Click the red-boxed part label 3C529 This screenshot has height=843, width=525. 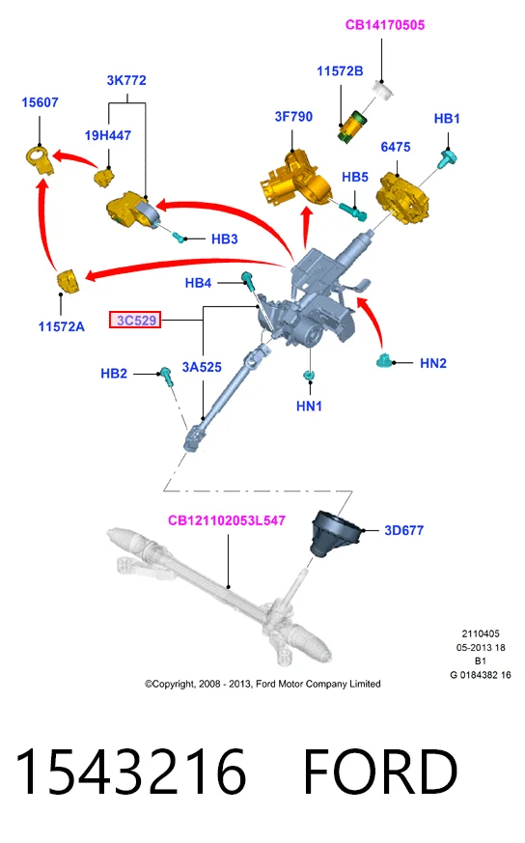click(135, 321)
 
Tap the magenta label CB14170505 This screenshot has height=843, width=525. click(385, 25)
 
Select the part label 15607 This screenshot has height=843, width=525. click(40, 102)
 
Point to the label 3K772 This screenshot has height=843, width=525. click(126, 80)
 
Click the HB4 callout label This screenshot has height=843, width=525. click(198, 283)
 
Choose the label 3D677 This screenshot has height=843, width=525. click(404, 531)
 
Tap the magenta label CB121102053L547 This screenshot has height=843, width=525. click(226, 520)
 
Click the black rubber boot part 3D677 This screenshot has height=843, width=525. click(334, 533)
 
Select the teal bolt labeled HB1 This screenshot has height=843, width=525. click(448, 158)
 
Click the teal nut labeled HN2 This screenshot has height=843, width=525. click(386, 360)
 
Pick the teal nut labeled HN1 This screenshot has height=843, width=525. click(309, 375)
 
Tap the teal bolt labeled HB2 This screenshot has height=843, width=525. click(166, 377)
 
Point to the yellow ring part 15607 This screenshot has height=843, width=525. click(40, 159)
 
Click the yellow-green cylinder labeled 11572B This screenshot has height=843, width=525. click(351, 126)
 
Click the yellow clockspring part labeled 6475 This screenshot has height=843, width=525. click(404, 197)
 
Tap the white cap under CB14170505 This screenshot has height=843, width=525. click(384, 90)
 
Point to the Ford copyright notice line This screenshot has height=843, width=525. click(262, 684)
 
